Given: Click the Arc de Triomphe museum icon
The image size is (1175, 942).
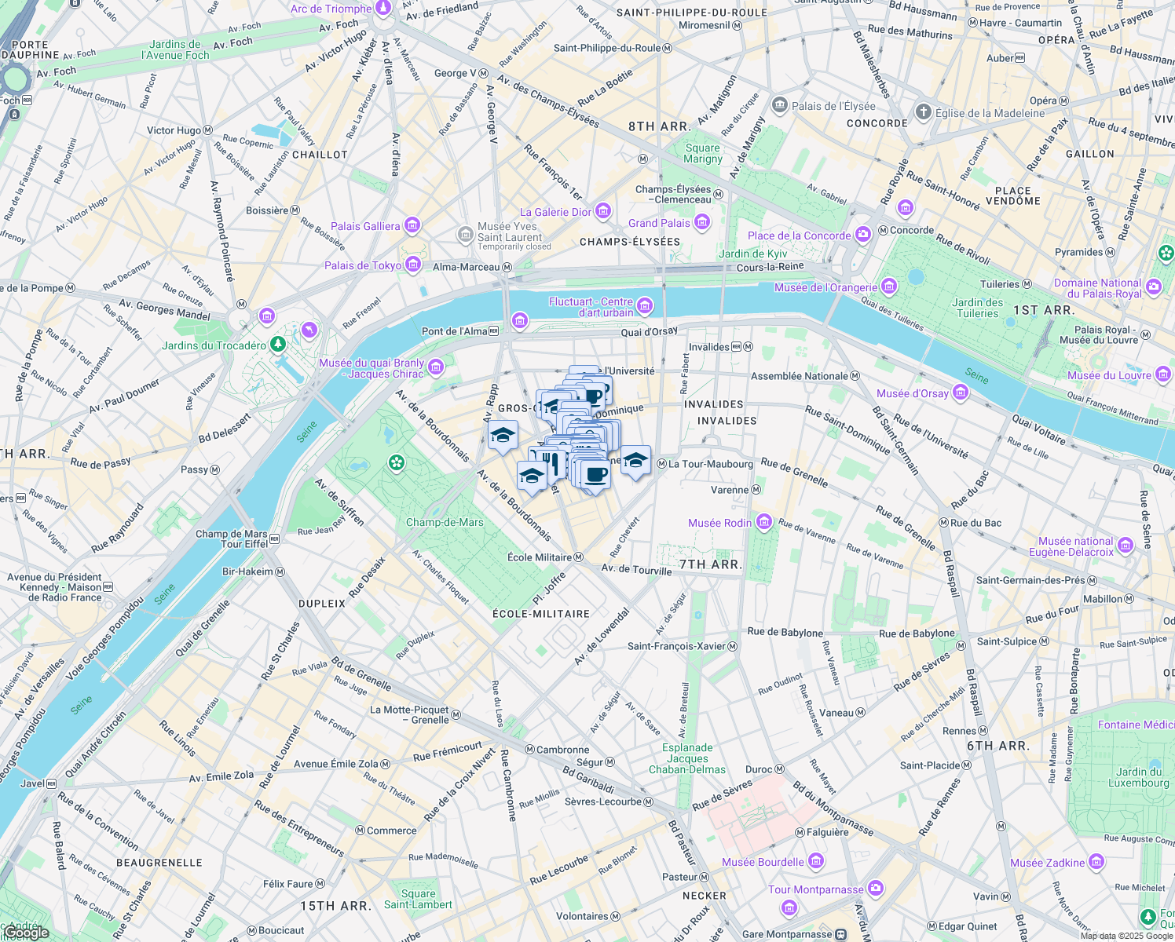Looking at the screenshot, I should pos(383,9).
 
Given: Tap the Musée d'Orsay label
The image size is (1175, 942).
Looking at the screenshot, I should pos(912,393).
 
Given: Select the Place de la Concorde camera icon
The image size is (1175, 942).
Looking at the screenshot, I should pos(863,235).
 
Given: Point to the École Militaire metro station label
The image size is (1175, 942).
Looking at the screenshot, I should pos(540,557).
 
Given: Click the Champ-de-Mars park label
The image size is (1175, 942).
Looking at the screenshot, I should pos(445,522).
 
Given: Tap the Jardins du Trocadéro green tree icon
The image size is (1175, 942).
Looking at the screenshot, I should pos(277,345).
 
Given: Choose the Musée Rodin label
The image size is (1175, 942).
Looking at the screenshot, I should pos(719,523).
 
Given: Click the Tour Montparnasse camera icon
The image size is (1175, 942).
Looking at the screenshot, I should pos(876,889).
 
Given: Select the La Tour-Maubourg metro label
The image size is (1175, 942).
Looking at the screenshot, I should pos(710,464).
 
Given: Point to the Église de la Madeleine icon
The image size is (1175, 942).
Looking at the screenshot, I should pos(924,112).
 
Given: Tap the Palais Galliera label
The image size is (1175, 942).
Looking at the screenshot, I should pos(365,226).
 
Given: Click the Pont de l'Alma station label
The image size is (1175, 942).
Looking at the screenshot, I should pos(454,331).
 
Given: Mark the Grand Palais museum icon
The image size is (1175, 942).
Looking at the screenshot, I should pos(702,223).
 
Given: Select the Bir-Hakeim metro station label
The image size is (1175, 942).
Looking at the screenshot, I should pos(247,571).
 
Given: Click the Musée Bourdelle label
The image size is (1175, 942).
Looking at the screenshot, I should pos(763,862).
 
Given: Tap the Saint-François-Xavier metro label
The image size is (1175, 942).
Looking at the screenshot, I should pos(676,646).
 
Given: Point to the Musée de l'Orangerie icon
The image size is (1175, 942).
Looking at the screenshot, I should pos(889,287).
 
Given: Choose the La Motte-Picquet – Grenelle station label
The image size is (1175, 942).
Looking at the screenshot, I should pos(409,714).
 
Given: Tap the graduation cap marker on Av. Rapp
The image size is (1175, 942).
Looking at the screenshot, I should pos(503,436).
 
